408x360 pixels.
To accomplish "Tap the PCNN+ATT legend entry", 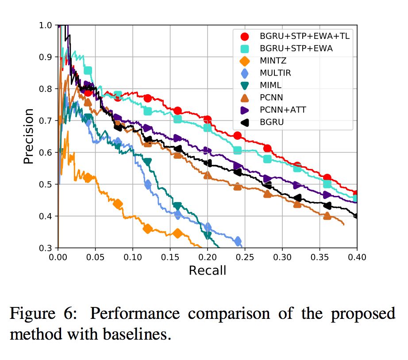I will pyautogui.click(x=283, y=110).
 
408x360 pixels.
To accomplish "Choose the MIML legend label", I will pyautogui.click(x=270, y=85).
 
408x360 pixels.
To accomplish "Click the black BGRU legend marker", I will pyautogui.click(x=246, y=122).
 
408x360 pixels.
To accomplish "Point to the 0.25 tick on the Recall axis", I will pyautogui.click(x=245, y=257).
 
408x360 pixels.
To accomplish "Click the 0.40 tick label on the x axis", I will pyautogui.click(x=357, y=257).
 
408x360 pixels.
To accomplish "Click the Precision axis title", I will pyautogui.click(x=29, y=137).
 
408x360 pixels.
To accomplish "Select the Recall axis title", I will pyautogui.click(x=207, y=270).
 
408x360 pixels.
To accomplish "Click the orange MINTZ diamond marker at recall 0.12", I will pyautogui.click(x=148, y=229).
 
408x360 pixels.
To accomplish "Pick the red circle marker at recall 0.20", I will pyautogui.click(x=207, y=120).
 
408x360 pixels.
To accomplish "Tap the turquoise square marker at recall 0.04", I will pyautogui.click(x=88, y=71).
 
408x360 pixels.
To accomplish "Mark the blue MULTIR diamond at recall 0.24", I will pyautogui.click(x=238, y=241).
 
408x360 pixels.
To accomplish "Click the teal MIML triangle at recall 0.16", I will pyautogui.click(x=177, y=206).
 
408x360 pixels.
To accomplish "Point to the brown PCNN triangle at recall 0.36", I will pyautogui.click(x=327, y=216).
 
